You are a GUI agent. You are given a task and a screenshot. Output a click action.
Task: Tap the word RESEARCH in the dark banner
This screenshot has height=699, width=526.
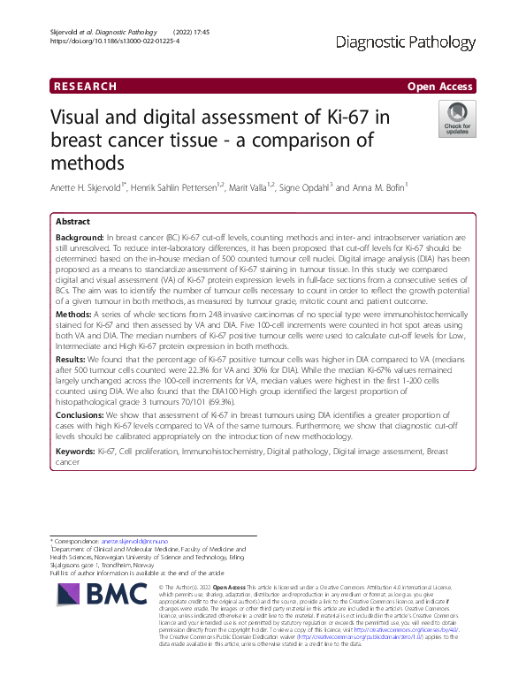click(x=85, y=86)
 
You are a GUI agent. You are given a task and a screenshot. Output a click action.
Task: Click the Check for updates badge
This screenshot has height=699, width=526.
click(x=457, y=119)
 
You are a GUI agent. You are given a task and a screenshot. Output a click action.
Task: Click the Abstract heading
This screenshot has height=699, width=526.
click(x=73, y=222)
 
